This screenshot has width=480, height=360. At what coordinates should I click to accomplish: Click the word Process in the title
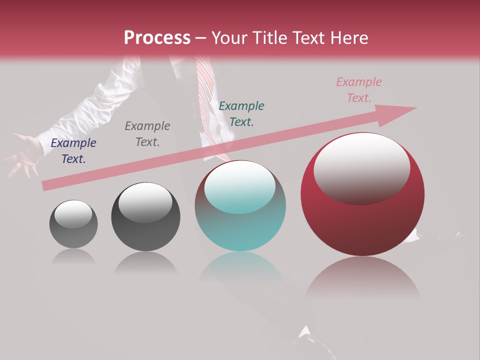[x=157, y=38]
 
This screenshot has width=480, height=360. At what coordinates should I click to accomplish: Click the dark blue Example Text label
[x=73, y=151]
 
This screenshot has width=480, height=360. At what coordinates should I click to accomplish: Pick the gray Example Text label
[x=147, y=134]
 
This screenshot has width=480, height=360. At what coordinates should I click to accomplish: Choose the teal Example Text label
[x=241, y=113]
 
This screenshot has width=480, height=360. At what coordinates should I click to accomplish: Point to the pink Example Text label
[x=358, y=90]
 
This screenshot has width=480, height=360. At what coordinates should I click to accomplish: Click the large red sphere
[x=362, y=220]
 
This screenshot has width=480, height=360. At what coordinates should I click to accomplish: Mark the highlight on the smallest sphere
[x=73, y=214]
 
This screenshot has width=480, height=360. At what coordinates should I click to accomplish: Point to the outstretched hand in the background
[x=22, y=155]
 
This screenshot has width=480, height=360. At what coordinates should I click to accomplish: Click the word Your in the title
[x=229, y=38]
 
